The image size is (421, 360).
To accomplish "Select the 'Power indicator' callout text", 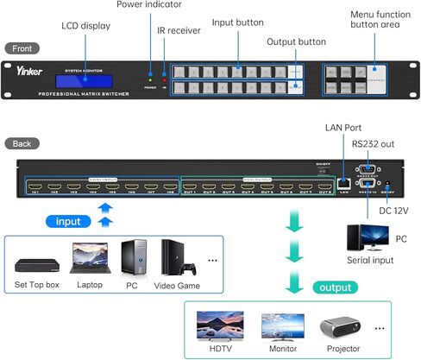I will pyautogui.click(x=148, y=4).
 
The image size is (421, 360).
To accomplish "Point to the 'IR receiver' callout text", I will pyautogui.click(x=180, y=30).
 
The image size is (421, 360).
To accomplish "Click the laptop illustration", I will pyautogui.click(x=89, y=256).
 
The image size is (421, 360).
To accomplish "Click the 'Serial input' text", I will pyautogui.click(x=370, y=260).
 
